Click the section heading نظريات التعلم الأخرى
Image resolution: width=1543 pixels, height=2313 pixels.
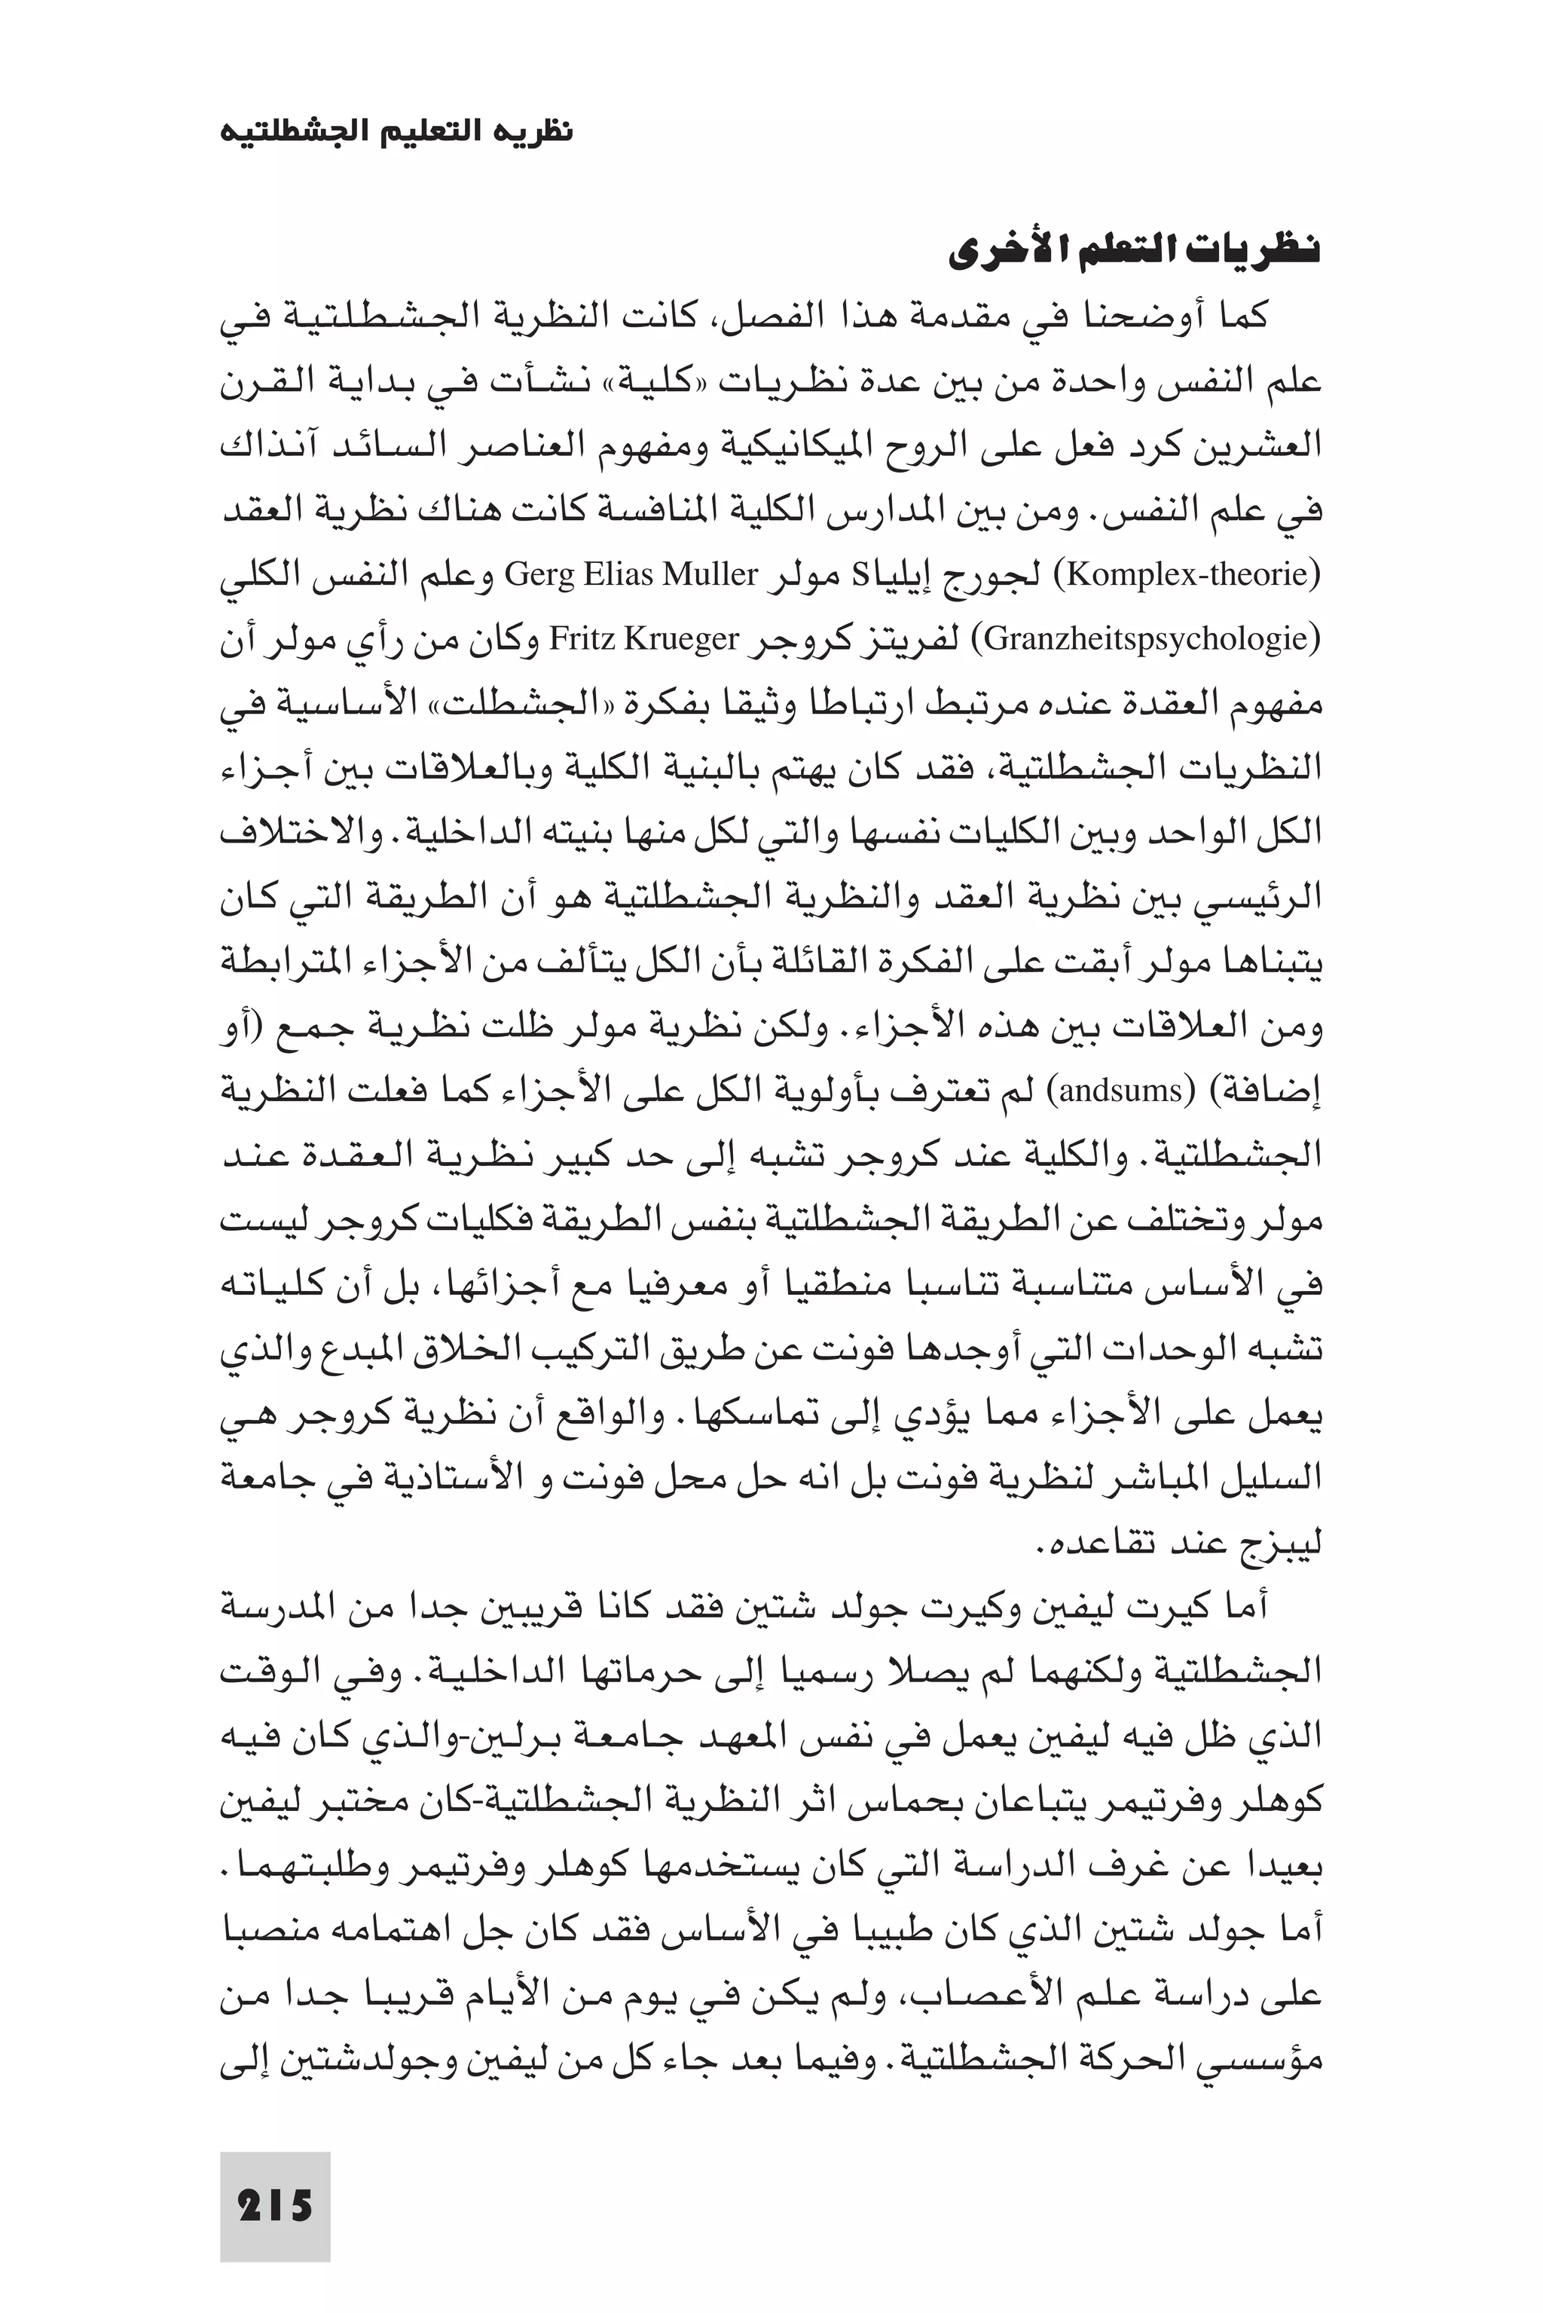(x=1134, y=254)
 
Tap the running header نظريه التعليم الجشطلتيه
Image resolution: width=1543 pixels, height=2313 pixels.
(x=396, y=131)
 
